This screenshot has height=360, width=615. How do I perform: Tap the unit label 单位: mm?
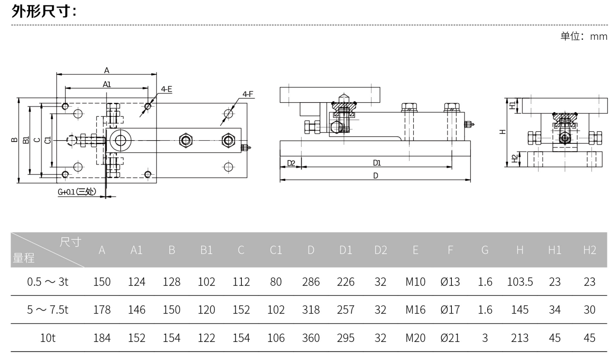[x=584, y=36]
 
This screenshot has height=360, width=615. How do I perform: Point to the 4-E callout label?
[x=167, y=89]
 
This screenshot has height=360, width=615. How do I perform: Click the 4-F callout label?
[x=248, y=94]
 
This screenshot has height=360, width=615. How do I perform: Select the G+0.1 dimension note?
[x=77, y=192]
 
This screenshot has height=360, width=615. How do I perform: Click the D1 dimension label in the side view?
[x=377, y=163]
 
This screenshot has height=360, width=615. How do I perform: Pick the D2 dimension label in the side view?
[x=291, y=163]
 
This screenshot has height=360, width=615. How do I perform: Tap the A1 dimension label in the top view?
[x=107, y=84]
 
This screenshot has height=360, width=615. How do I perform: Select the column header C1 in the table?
[x=276, y=250]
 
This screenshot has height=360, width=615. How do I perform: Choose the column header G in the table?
[x=485, y=250]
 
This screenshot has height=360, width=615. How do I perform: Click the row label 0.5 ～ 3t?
[x=48, y=282]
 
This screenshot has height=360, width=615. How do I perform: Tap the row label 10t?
[x=48, y=338]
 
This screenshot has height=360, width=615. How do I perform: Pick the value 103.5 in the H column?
[x=520, y=282]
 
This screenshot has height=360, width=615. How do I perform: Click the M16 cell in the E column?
[x=415, y=310]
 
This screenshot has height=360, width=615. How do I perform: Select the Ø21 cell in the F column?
[x=450, y=338]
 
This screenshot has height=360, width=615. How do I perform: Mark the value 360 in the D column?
[x=311, y=338]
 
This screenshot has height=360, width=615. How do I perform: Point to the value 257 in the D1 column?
[x=346, y=310]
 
